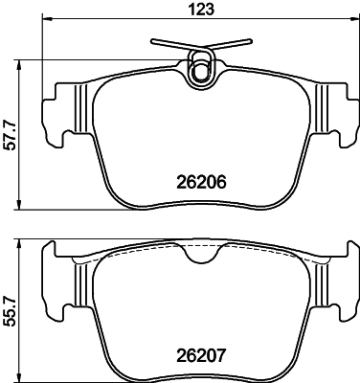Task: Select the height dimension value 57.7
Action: [x=11, y=134]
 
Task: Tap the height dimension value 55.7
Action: [x=11, y=311]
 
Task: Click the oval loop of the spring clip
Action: [x=201, y=69]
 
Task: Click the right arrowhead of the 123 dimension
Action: [x=354, y=26]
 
